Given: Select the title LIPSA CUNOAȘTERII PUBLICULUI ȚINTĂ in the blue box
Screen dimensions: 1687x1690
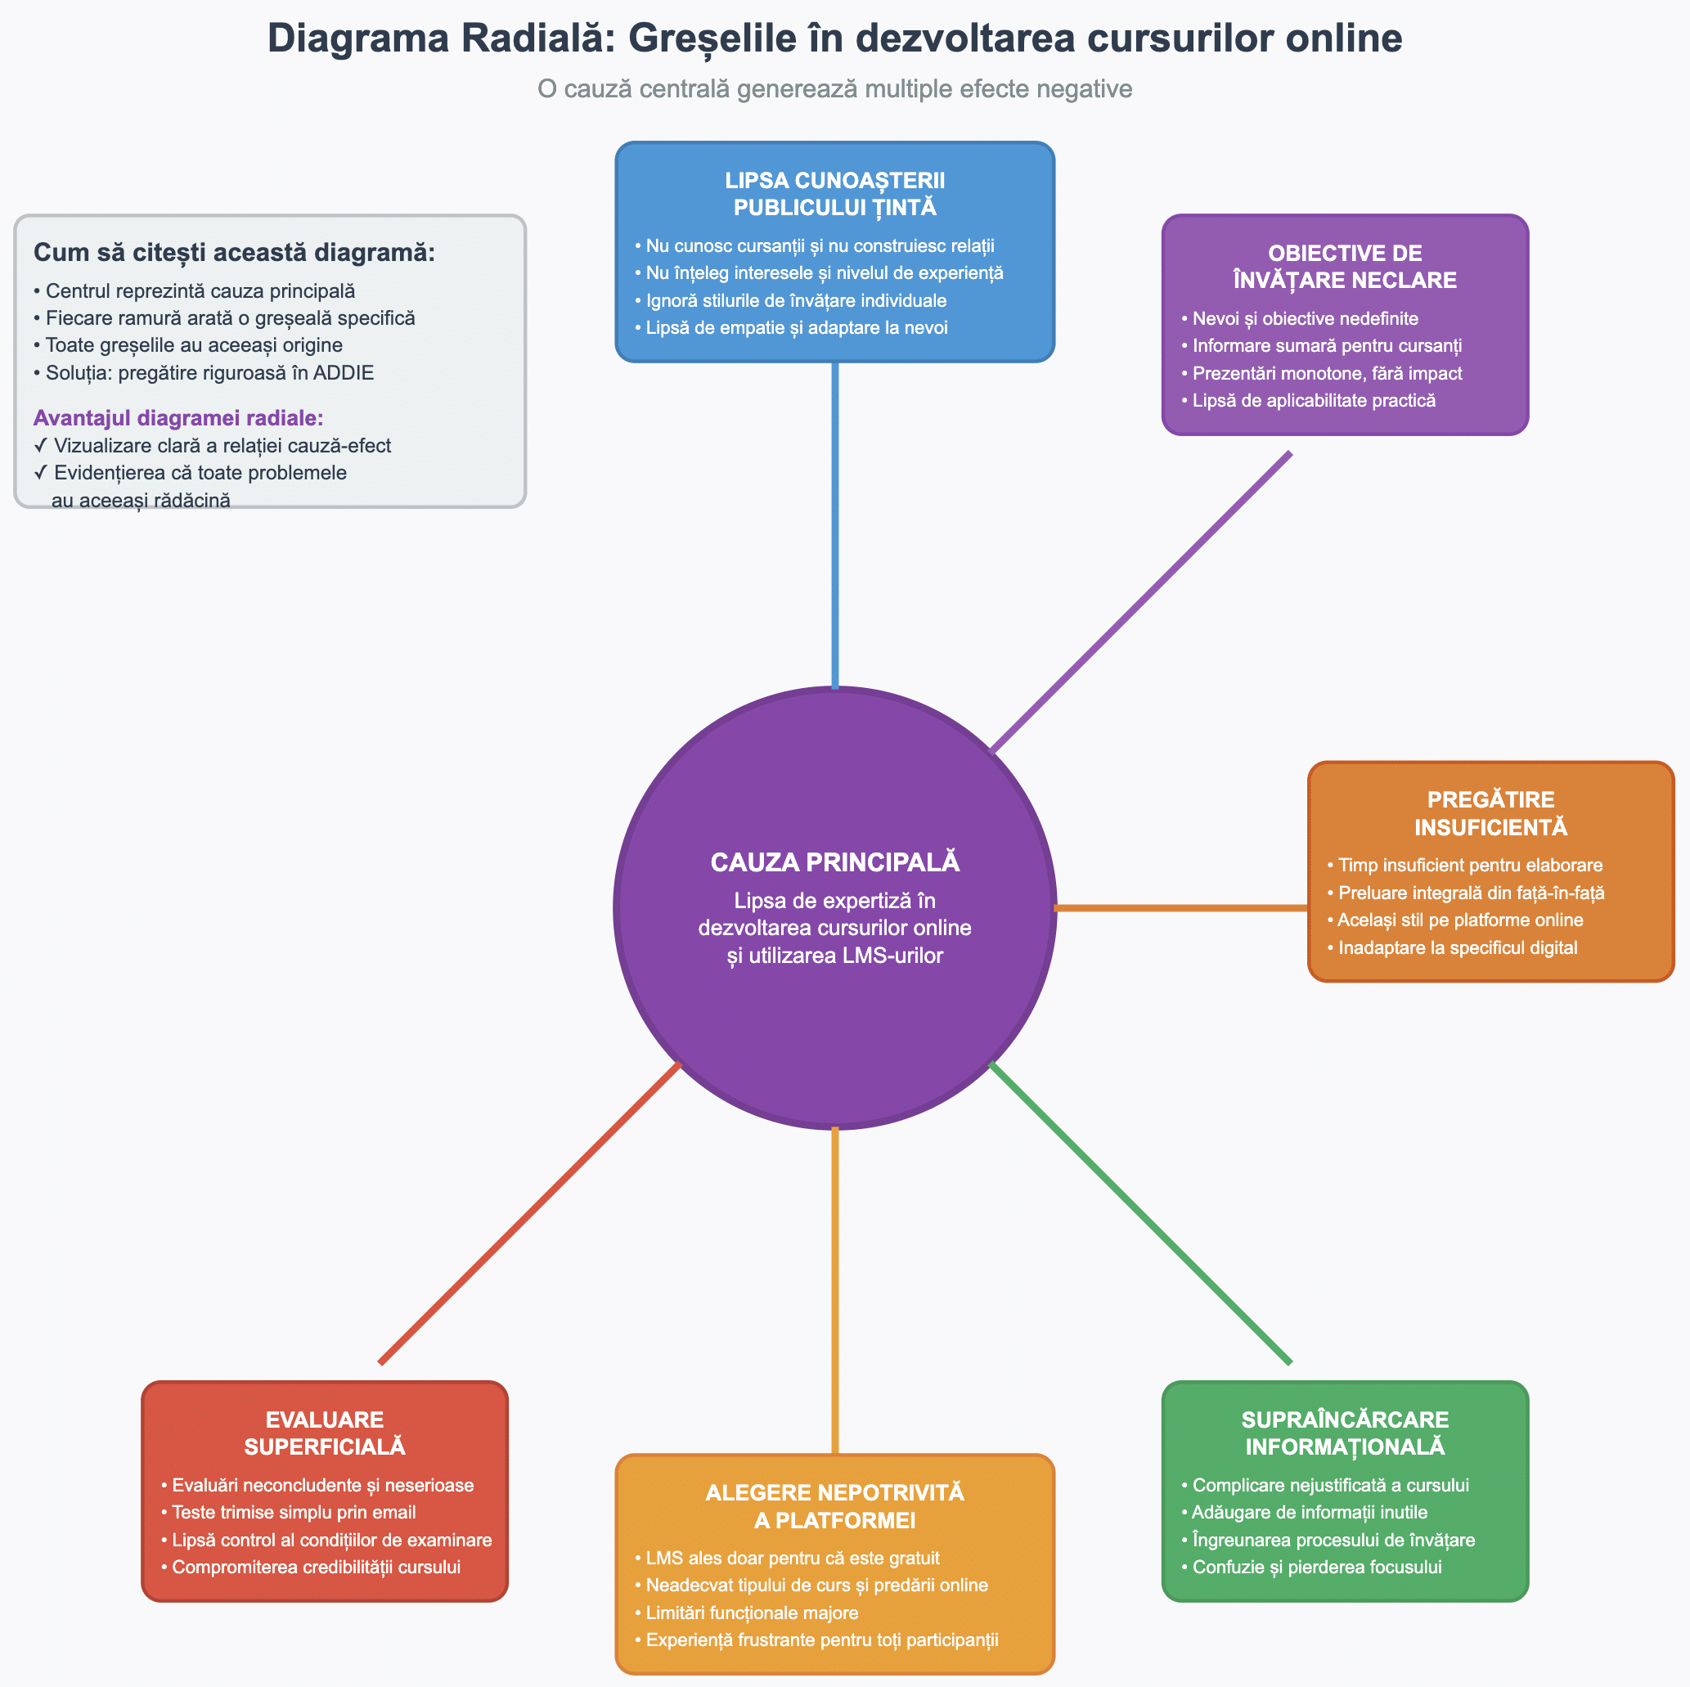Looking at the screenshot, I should [x=834, y=193].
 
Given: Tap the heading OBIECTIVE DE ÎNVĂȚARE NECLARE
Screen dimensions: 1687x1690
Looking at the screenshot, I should [x=1345, y=266].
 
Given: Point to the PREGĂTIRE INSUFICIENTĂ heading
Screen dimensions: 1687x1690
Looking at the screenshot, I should [x=1490, y=813].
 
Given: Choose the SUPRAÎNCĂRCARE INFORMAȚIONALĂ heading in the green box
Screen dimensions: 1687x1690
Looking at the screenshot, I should [x=1345, y=1433].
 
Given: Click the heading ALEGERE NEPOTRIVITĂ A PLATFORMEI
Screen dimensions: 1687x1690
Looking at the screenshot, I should [x=834, y=1506].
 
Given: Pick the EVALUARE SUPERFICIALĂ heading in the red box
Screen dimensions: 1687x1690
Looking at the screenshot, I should [x=325, y=1433].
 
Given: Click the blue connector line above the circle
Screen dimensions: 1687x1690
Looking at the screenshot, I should [x=834, y=525].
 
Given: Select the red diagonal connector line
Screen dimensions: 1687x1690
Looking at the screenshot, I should [x=529, y=1212].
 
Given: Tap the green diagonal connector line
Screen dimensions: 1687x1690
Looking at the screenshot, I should [x=1139, y=1212].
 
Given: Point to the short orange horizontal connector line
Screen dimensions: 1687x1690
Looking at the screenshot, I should [x=1181, y=907].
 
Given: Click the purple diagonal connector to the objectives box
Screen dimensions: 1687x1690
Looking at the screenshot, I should [x=1139, y=602].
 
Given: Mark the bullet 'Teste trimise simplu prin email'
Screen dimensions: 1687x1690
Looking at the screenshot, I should [x=293, y=1512].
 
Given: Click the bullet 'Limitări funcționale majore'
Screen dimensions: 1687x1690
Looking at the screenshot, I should [x=752, y=1613].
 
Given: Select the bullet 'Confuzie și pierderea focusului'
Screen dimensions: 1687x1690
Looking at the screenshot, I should [x=1316, y=1566].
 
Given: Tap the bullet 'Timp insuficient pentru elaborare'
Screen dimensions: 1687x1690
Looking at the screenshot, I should [x=1470, y=865].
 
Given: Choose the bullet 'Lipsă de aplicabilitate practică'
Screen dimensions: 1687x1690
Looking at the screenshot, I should [x=1314, y=400].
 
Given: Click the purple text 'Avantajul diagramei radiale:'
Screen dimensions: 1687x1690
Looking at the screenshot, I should [x=178, y=417].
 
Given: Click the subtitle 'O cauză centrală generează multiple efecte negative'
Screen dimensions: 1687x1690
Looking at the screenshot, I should [x=834, y=88].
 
